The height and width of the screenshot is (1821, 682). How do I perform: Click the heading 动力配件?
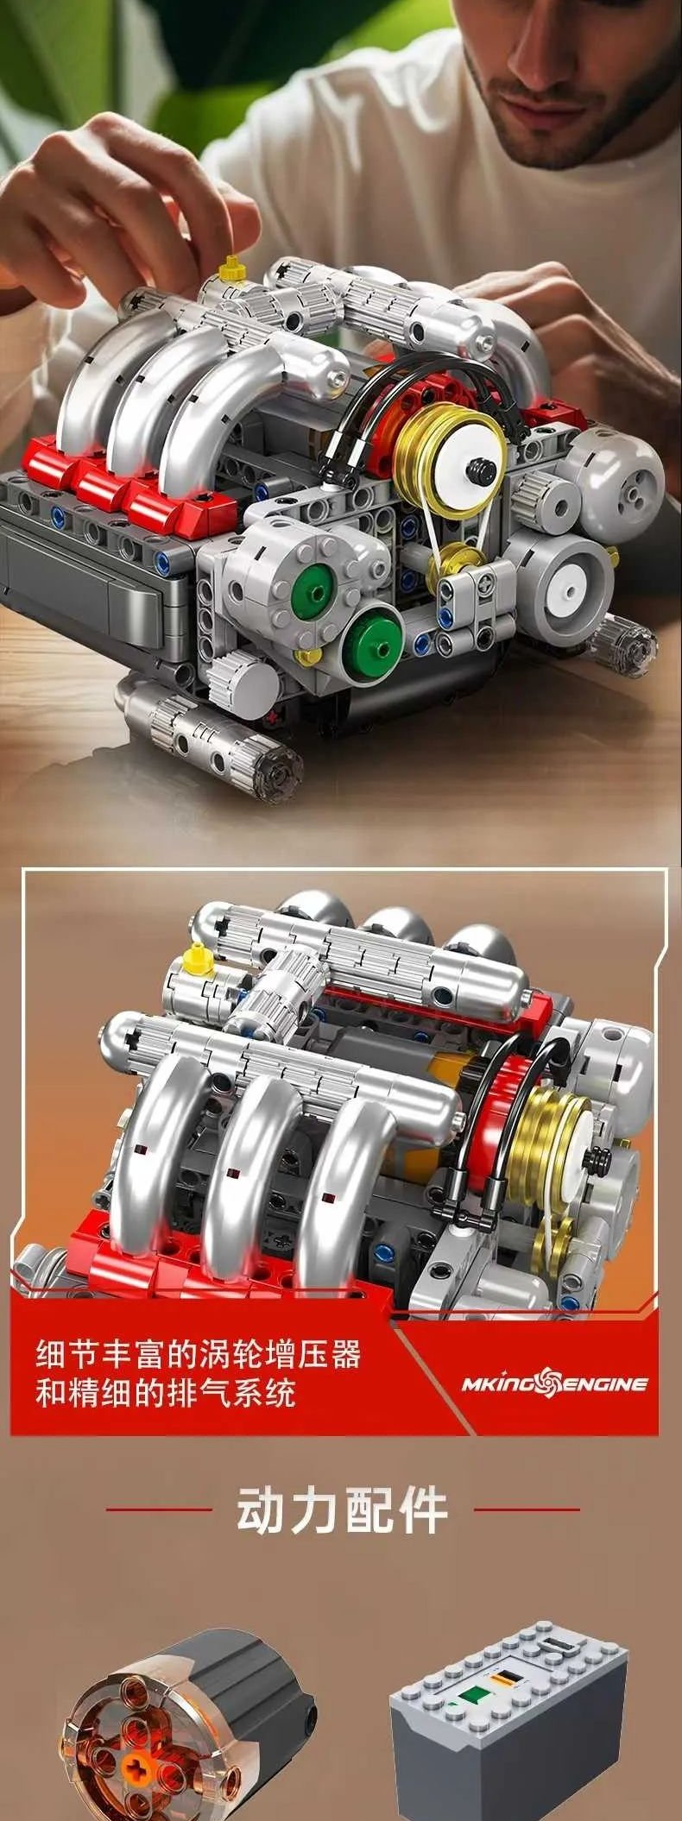tap(343, 1510)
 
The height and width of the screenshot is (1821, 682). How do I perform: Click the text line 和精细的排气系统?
tap(165, 1394)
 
